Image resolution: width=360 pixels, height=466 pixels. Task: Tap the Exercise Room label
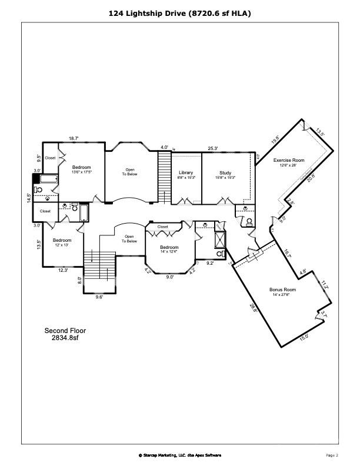point(289,161)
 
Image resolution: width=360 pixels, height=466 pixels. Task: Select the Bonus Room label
point(282,290)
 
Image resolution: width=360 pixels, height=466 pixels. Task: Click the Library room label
point(186,173)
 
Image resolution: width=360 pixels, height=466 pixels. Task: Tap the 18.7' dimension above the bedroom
point(74,138)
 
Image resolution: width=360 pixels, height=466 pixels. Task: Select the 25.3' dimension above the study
point(213,148)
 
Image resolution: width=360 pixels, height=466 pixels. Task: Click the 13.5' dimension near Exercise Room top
point(320,132)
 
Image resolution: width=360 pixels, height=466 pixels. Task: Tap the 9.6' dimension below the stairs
point(99,297)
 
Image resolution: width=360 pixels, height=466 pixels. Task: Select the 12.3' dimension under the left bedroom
point(63,270)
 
